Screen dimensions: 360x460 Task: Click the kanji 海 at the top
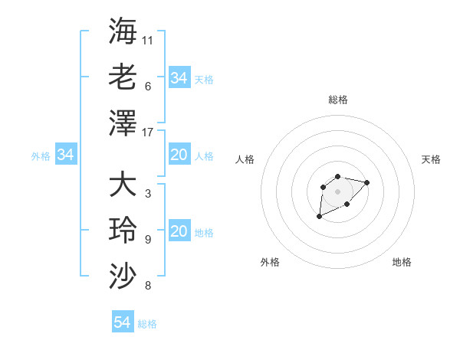pos(123,31)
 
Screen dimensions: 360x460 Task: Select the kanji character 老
pos(123,77)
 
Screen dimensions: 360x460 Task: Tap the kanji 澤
pos(123,122)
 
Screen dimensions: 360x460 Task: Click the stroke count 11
pos(148,40)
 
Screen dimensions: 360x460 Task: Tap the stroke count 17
pos(148,132)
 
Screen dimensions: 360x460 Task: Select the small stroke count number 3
pos(147,194)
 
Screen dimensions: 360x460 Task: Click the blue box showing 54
pos(122,322)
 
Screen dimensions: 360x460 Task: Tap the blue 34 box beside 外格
pos(66,155)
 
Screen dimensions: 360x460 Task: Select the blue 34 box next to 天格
pos(179,77)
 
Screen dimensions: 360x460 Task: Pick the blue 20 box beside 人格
pos(179,155)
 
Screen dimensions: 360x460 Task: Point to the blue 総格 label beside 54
pos(147,324)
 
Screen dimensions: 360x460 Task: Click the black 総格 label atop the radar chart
pos(337,100)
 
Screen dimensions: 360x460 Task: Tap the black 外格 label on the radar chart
pos(270,262)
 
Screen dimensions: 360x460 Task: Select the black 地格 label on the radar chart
pos(402,262)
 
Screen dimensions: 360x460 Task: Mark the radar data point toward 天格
pos(366,182)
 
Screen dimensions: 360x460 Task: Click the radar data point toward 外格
pos(319,217)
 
